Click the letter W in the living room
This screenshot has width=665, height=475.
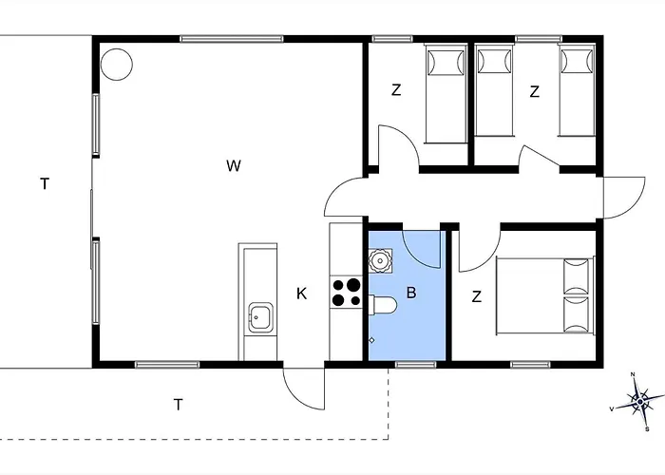pos(234,165)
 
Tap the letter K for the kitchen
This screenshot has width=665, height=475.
pos(301,294)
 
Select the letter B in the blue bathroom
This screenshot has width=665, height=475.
pos(411,293)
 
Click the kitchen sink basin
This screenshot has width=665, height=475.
pos(260,317)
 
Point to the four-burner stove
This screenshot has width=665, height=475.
pos(346,293)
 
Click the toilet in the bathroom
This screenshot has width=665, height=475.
pos(383,304)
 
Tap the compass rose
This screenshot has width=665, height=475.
pos(639,402)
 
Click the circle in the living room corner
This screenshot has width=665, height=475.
pos(117,64)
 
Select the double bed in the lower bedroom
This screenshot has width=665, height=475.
pos(545,295)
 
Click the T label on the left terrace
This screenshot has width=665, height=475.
pos(45,184)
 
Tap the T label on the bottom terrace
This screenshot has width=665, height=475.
pos(179,405)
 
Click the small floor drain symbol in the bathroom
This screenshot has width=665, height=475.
pos(372,340)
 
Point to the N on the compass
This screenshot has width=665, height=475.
pos(633,374)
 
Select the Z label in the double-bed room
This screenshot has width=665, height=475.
pos(477,296)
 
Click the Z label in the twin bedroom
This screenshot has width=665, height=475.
pos(534,91)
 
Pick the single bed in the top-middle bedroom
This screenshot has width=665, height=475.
pos(446,93)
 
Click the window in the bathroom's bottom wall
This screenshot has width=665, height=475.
pos(416,365)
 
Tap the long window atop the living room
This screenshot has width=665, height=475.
pos(232,39)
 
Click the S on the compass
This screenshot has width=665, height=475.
pos(647,429)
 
